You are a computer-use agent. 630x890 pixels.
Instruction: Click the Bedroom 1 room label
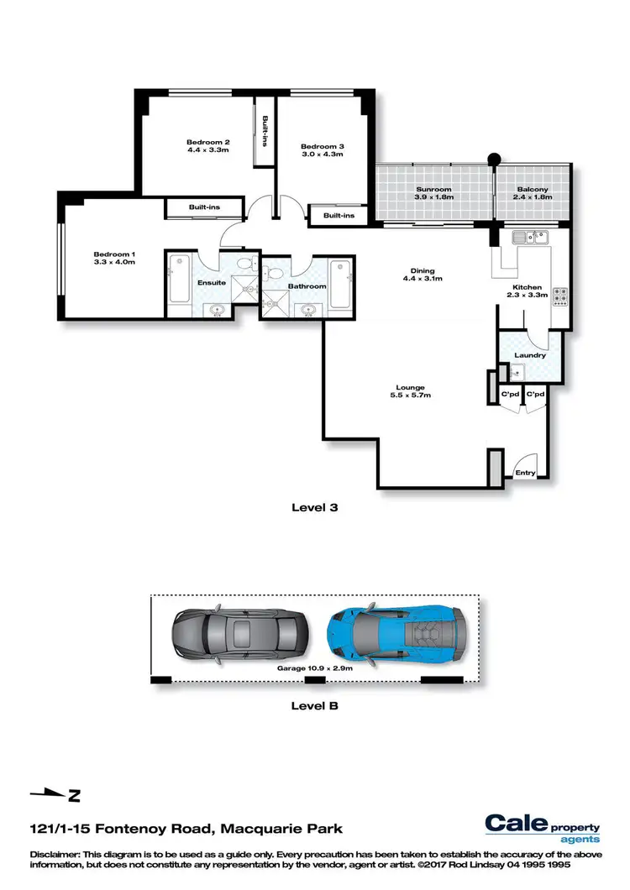[x=114, y=254]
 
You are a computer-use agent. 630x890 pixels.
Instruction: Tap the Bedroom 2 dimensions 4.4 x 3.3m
[x=208, y=151]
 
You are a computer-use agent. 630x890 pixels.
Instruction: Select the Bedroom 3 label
[x=323, y=147]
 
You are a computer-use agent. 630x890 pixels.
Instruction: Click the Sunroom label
[x=433, y=190]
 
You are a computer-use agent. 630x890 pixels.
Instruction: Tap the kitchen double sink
[x=531, y=237]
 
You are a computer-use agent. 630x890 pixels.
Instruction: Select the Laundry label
[x=530, y=354]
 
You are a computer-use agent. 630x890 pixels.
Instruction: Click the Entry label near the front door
[x=525, y=473]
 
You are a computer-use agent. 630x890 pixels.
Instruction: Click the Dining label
[x=423, y=270]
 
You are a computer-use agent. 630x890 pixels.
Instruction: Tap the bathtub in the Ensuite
[x=179, y=279]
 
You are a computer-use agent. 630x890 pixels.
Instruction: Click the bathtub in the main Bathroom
[x=339, y=285]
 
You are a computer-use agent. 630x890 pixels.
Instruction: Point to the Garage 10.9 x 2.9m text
[x=315, y=669]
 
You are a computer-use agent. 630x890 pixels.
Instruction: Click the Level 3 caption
[x=314, y=507]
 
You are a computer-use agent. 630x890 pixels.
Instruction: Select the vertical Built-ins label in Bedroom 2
[x=265, y=132]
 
